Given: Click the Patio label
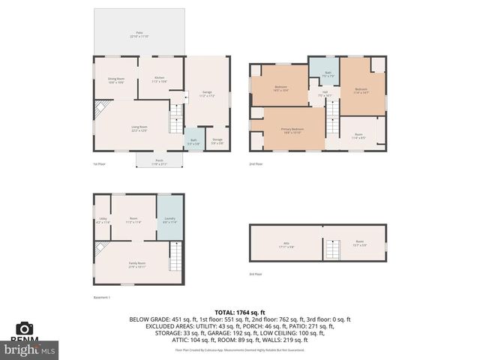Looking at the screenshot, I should tap(139, 34).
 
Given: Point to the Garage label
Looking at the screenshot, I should tap(207, 94).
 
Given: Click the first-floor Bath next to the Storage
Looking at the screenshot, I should tap(193, 140).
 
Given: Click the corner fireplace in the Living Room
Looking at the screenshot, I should tap(103, 109).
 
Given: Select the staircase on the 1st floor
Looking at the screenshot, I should tap(175, 118).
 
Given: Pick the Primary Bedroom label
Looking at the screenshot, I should tap(292, 130).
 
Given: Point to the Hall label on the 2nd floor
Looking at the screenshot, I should tap(325, 94).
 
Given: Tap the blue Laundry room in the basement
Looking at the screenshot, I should tap(169, 220).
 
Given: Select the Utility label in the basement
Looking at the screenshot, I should tap(103, 220).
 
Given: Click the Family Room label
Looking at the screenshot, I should tap(136, 265).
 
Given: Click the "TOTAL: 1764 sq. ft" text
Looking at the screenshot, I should tap(240, 311).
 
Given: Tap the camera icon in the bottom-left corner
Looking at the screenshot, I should tap(24, 328).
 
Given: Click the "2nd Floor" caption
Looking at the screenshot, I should tap(256, 163).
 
